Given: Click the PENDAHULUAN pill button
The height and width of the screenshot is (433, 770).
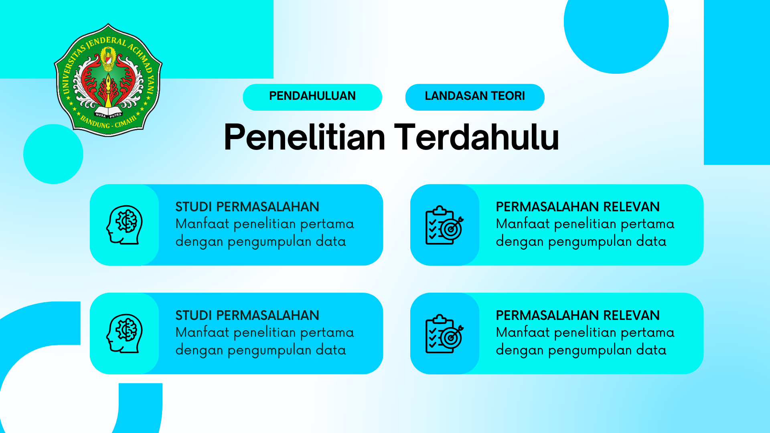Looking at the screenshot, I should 312,97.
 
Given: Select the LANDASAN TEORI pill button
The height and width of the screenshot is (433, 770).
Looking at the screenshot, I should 474,97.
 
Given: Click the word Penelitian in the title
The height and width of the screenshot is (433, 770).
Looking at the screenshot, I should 304,137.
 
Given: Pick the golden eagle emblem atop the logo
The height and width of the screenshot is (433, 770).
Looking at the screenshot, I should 108,59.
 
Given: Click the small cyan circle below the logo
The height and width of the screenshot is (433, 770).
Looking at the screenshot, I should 53,154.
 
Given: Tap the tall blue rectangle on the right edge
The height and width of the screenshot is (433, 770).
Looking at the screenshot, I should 737,80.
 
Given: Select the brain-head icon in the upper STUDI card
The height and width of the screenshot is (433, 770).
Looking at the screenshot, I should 125,225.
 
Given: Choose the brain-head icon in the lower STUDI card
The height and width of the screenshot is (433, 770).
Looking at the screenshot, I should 125,334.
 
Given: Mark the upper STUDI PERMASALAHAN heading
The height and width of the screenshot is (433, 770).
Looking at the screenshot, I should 247,207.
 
